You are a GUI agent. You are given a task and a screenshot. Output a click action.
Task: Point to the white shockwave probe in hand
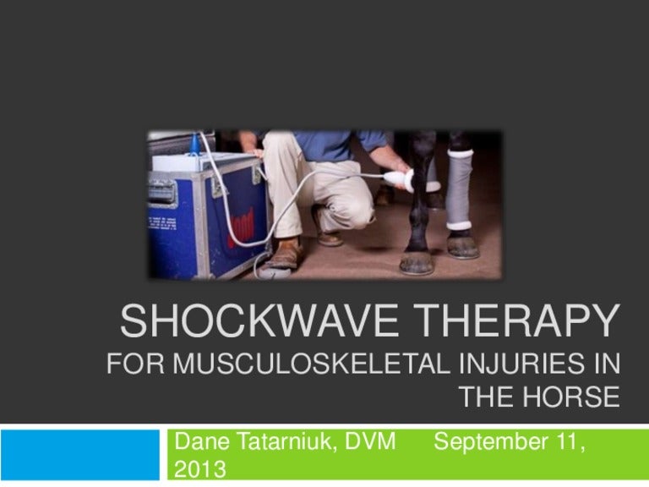click(397, 178)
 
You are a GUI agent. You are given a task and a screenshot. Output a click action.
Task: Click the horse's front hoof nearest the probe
click(417, 260)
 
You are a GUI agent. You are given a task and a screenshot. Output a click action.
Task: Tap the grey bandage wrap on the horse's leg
click(461, 190)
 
